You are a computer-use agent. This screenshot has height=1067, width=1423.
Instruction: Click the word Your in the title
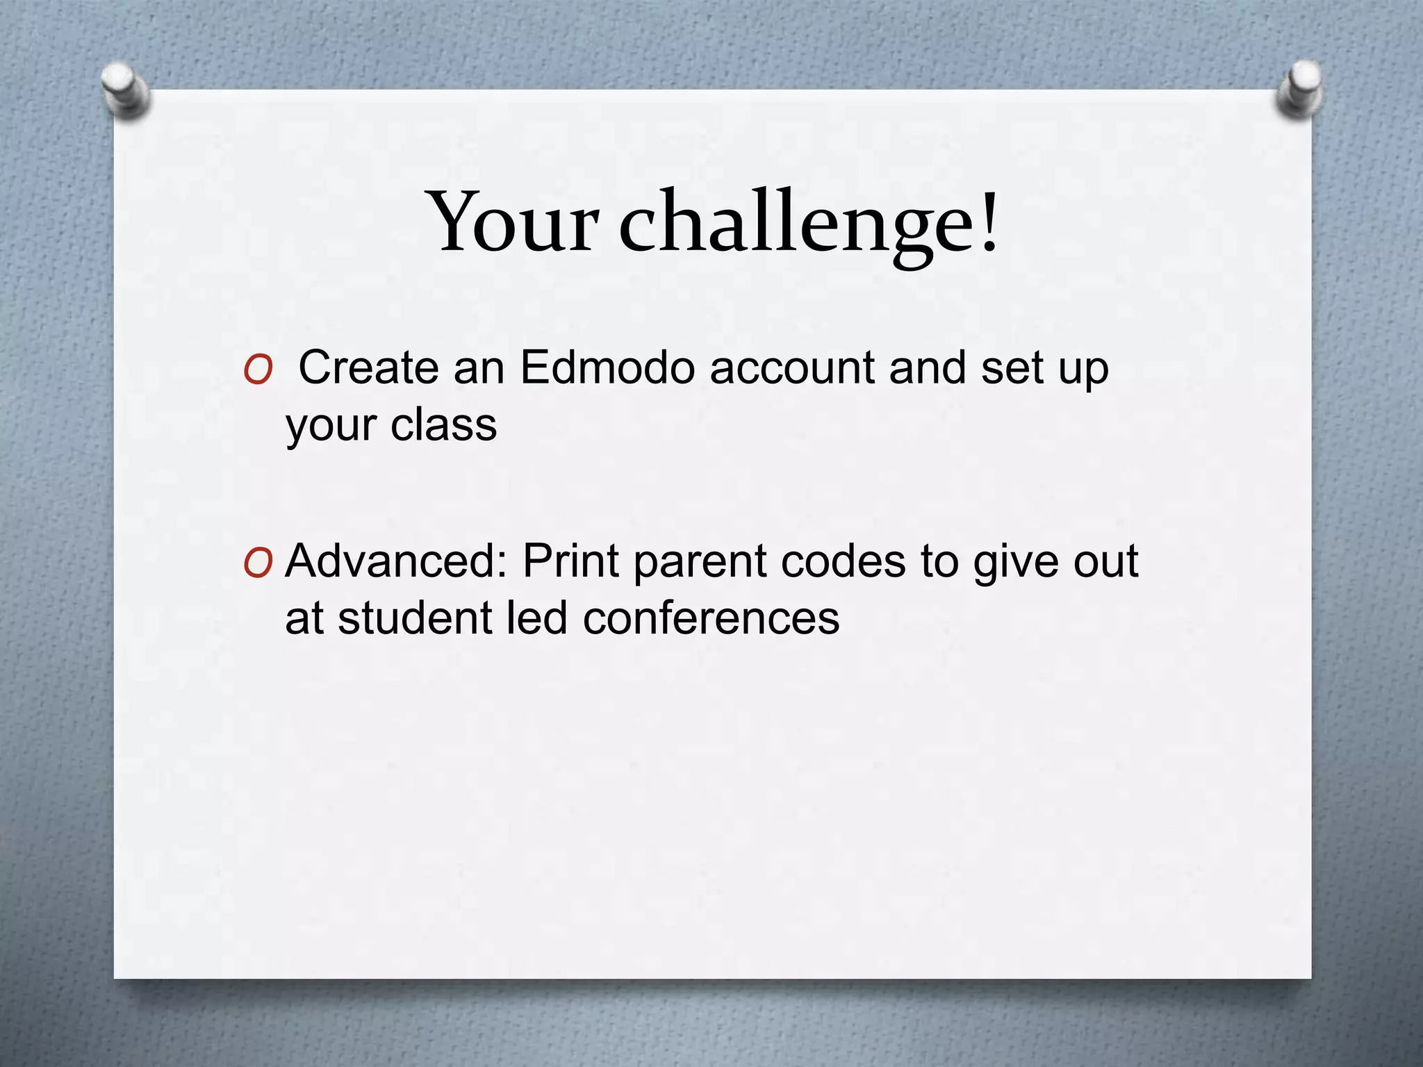(x=515, y=221)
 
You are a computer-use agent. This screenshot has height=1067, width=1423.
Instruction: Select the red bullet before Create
(x=258, y=372)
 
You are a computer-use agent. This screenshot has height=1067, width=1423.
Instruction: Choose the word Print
(x=570, y=561)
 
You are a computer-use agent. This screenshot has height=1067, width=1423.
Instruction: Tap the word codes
(x=844, y=561)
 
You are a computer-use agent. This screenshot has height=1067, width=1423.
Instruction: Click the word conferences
(x=711, y=618)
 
